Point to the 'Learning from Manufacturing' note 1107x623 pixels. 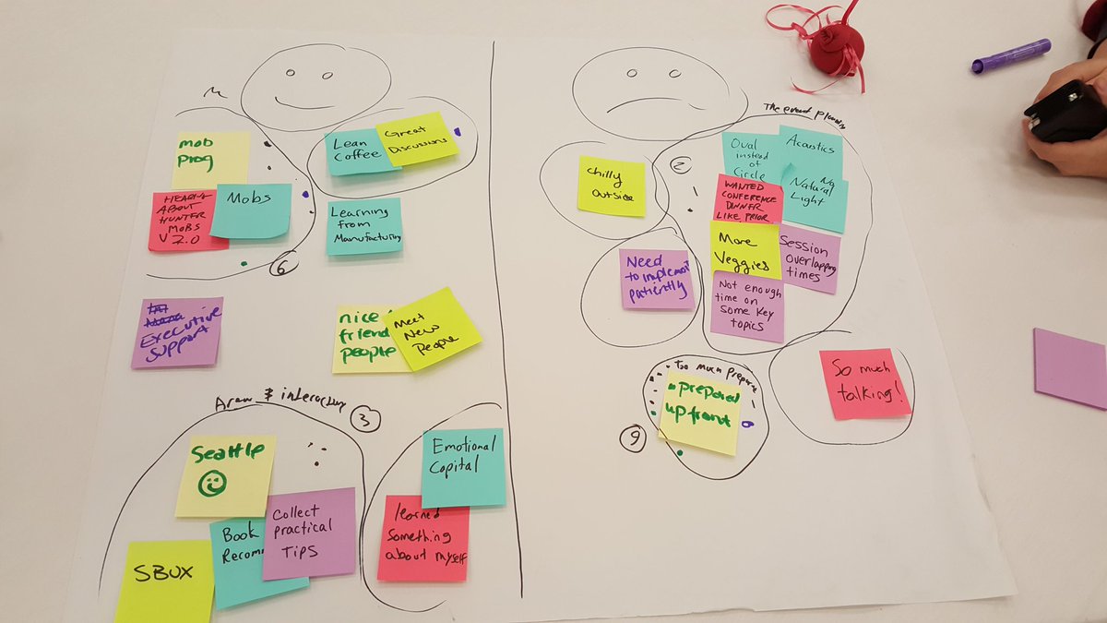[x=364, y=226]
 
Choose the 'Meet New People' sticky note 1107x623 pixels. [x=433, y=329]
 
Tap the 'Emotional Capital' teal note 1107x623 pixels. [x=463, y=467]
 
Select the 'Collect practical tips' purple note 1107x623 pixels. [x=309, y=533]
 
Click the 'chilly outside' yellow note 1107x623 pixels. [x=612, y=186]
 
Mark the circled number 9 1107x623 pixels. [x=633, y=441]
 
